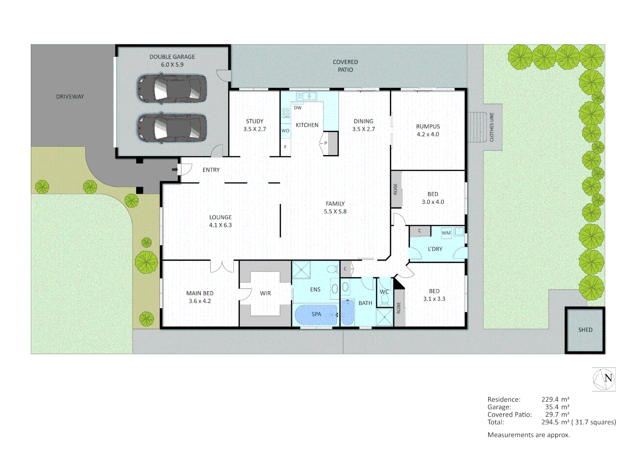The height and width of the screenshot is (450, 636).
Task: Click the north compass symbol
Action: coord(604,379)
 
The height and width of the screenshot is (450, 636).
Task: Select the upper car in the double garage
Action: coord(172,88)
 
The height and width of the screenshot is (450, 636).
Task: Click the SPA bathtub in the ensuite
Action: coord(316,315)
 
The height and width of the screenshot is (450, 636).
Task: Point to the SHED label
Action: coord(585,330)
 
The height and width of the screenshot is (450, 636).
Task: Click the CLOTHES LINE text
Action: coord(491,127)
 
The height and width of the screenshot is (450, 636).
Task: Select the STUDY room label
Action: coord(254,121)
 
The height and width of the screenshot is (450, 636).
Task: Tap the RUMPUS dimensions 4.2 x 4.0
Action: coord(428,134)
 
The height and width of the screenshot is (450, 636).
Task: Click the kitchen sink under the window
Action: coord(306,96)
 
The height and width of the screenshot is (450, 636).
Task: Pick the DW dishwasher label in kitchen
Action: coord(298,107)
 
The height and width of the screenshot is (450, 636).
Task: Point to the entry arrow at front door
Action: coord(175,170)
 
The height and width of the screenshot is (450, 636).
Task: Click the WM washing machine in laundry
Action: coord(446,233)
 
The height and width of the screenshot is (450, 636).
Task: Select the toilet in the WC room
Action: coord(384,299)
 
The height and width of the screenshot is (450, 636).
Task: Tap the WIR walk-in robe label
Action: coord(265,293)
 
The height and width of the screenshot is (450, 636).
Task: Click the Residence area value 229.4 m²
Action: coord(555,399)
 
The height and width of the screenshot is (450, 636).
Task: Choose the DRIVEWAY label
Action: coord(70,97)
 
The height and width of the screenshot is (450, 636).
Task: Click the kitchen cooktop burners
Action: coord(286,113)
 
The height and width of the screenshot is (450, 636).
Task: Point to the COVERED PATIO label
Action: coord(345,66)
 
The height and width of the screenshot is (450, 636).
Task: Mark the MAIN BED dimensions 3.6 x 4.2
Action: coord(200,301)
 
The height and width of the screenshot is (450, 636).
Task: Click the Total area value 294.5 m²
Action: coord(555,422)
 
